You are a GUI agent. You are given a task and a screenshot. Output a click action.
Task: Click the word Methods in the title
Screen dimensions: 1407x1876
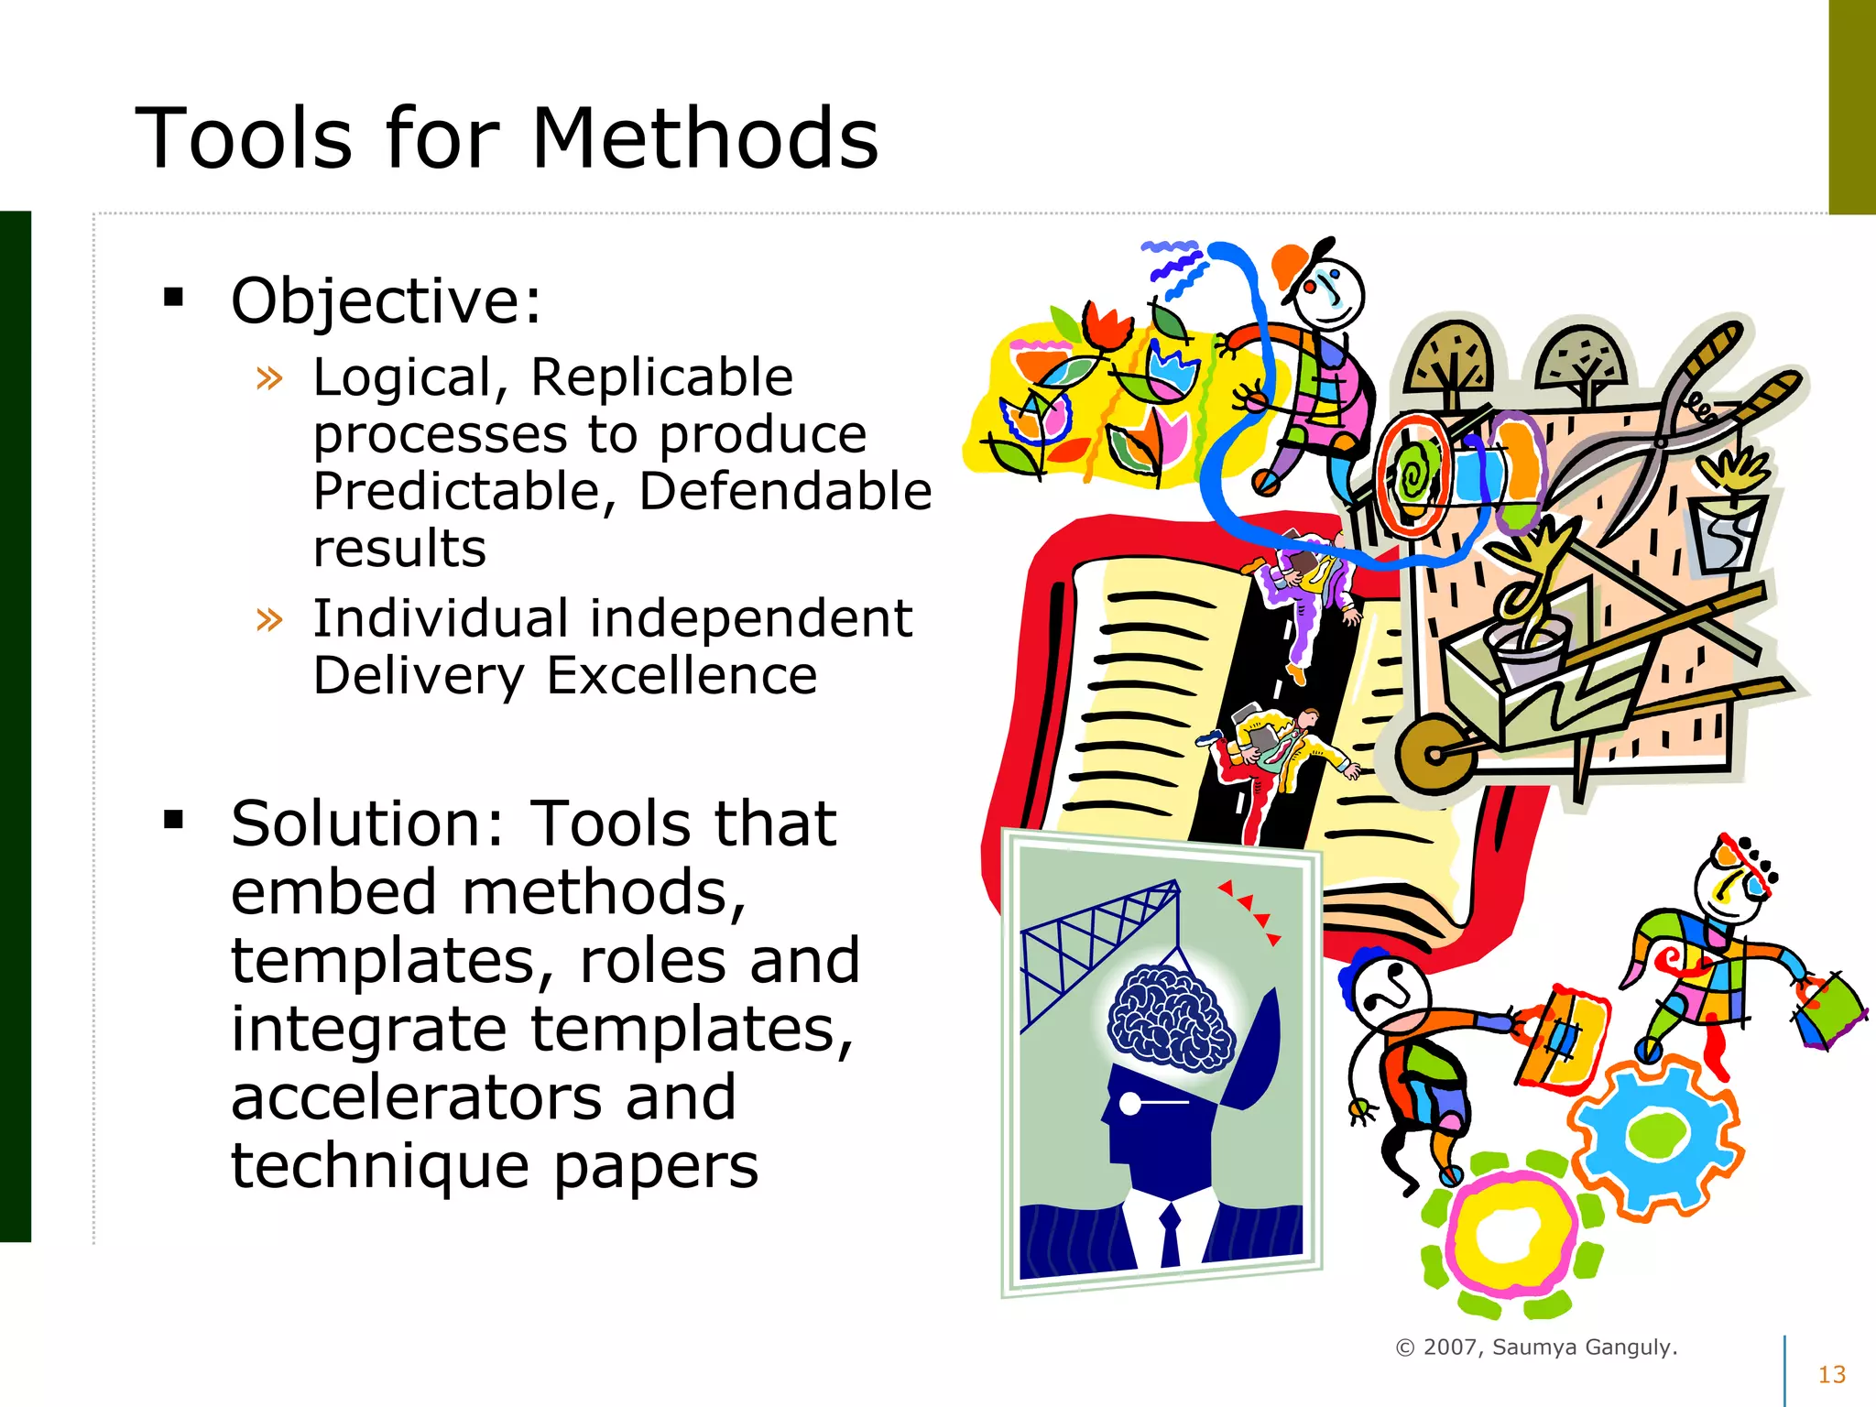point(704,138)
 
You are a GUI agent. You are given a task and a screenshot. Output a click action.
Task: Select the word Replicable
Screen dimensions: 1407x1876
point(662,377)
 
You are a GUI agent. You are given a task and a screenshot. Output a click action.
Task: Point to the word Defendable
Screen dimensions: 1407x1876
point(785,492)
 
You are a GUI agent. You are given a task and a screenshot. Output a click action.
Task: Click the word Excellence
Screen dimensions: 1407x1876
point(682,677)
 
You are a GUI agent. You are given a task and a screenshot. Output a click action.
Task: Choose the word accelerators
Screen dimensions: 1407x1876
point(483,1098)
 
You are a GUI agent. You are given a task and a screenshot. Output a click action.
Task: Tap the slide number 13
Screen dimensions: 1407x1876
point(1831,1375)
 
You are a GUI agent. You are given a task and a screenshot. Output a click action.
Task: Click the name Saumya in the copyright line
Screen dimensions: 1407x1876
point(1534,1347)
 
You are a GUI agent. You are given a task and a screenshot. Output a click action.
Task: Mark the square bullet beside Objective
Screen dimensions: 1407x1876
point(173,298)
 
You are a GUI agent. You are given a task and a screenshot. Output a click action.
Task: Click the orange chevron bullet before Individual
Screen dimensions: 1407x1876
point(269,620)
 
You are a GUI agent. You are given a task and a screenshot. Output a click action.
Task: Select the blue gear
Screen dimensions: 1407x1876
point(1656,1137)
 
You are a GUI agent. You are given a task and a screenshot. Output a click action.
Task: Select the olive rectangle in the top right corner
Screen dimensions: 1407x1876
point(1851,106)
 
